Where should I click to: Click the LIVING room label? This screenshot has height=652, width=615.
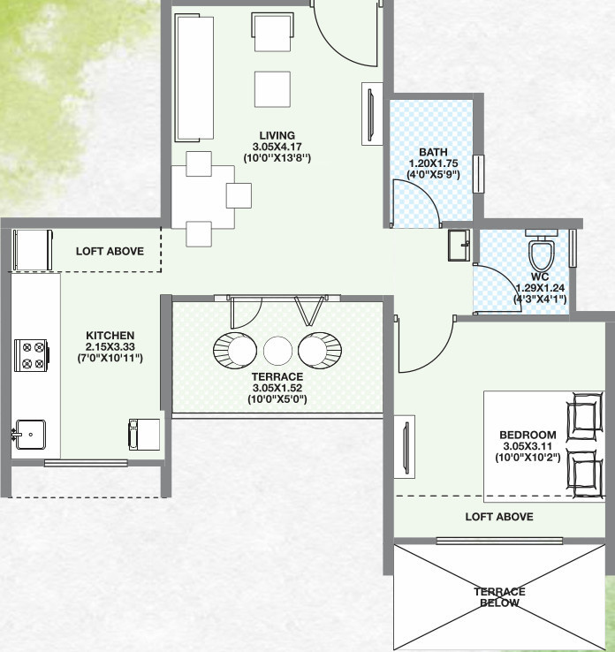click(277, 135)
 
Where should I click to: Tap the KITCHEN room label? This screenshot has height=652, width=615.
click(110, 336)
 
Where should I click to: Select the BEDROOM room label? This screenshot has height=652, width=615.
click(528, 435)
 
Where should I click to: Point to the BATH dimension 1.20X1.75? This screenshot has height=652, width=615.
click(433, 163)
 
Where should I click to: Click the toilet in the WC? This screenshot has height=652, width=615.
click(542, 250)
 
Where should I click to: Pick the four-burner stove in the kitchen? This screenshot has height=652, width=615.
click(32, 355)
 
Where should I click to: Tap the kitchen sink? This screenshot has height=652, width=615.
click(29, 435)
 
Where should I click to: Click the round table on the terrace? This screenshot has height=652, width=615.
click(277, 350)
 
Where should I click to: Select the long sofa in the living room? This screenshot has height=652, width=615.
click(194, 78)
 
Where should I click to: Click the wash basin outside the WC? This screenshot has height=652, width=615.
click(459, 246)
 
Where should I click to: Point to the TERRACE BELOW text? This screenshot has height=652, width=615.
click(499, 597)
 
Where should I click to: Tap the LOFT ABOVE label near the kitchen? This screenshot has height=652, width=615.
click(110, 251)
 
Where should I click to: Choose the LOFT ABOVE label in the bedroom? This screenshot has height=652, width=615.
click(499, 517)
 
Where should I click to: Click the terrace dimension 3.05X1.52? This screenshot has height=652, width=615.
click(277, 388)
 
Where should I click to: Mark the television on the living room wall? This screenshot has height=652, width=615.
click(371, 113)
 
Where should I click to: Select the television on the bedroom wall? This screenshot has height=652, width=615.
click(405, 447)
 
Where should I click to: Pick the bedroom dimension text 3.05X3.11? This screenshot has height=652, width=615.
click(528, 446)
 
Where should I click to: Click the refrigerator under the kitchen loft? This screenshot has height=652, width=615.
click(33, 250)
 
